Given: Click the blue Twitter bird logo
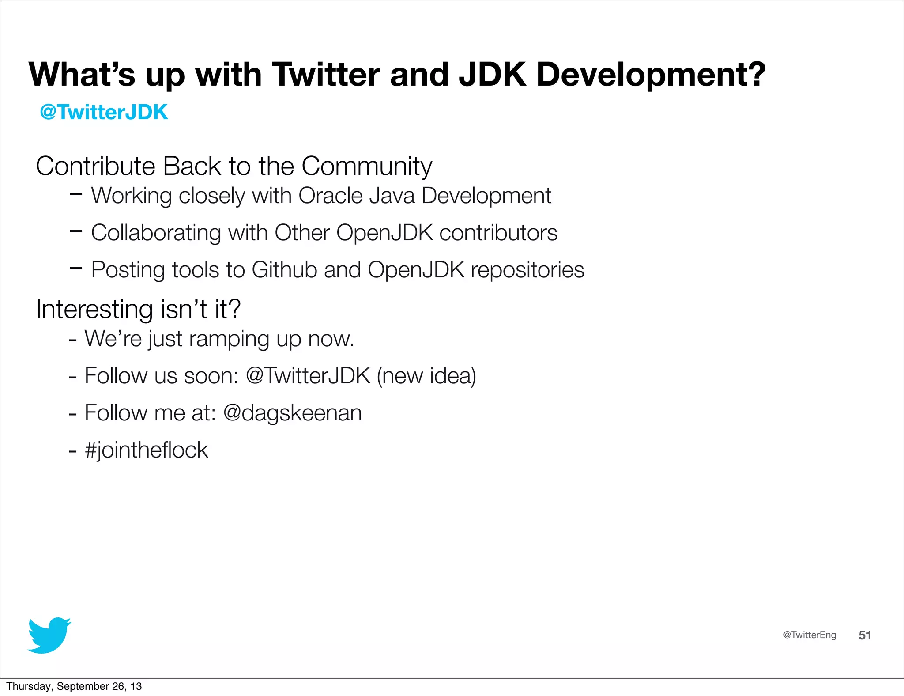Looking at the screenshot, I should point(49,635).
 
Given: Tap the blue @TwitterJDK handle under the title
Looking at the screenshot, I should point(104,112).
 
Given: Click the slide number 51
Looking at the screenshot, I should point(864,635).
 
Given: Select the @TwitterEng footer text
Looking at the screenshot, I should point(809,635).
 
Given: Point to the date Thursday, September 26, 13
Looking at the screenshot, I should point(74,686).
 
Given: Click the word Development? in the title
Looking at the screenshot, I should point(651,74).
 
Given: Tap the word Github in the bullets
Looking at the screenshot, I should point(284,270).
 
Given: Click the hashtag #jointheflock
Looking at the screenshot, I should point(146,450).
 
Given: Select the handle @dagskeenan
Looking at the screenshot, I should point(292,413).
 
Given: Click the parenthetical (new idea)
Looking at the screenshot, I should point(426,376).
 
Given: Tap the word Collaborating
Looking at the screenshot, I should point(156,233).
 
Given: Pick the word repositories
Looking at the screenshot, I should point(527,270).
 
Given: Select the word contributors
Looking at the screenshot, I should point(498,233).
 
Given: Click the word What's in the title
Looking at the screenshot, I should point(82,74).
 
